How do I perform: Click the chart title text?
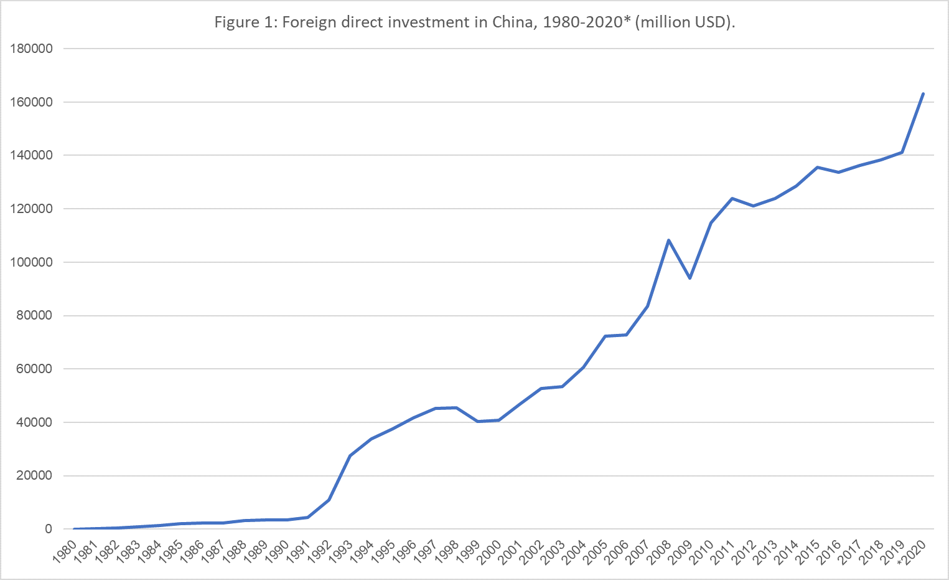pyautogui.click(x=474, y=22)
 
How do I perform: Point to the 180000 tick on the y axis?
pyautogui.click(x=31, y=49)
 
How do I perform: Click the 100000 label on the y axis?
pyautogui.click(x=31, y=262)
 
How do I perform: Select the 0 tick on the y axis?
pyautogui.click(x=48, y=529)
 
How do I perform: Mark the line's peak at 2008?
pyautogui.click(x=668, y=240)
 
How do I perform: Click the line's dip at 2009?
pyautogui.click(x=690, y=278)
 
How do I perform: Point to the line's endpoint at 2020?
pyautogui.click(x=923, y=94)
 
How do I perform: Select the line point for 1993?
pyautogui.click(x=350, y=455)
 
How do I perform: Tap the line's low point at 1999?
pyautogui.click(x=477, y=421)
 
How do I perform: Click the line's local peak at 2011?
pyautogui.click(x=732, y=198)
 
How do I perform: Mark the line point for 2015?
pyautogui.click(x=817, y=167)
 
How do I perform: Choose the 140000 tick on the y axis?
pyautogui.click(x=31, y=155)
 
